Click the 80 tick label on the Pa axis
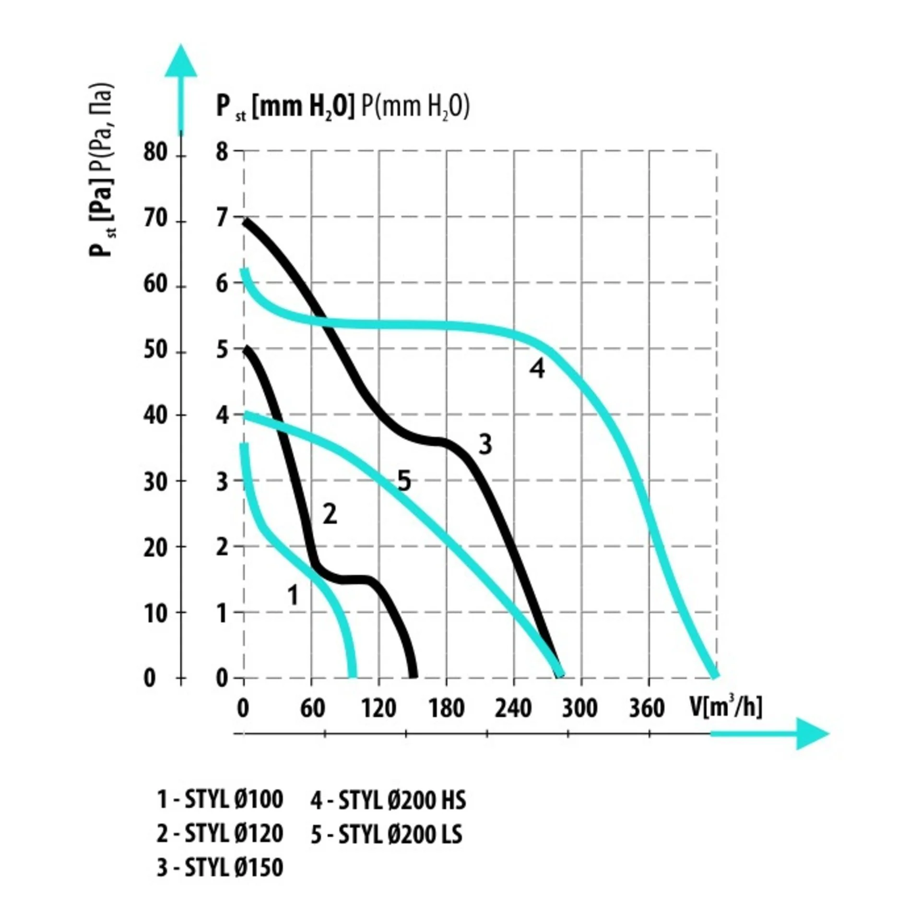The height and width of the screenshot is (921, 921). click(x=155, y=153)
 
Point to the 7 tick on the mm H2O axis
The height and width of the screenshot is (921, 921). click(x=221, y=219)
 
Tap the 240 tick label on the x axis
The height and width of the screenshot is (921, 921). click(x=513, y=708)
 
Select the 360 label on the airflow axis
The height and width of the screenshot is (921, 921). click(x=647, y=708)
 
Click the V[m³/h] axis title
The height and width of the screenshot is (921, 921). click(x=726, y=707)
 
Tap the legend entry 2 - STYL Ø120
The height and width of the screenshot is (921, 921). click(x=220, y=834)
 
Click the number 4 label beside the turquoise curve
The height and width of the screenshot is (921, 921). click(x=537, y=369)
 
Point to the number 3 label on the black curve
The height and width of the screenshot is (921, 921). click(x=485, y=444)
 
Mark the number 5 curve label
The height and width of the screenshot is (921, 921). click(x=404, y=481)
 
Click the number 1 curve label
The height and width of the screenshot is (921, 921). click(x=293, y=596)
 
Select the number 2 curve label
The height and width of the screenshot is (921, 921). click(x=330, y=515)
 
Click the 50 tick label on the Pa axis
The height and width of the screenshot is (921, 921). click(x=155, y=351)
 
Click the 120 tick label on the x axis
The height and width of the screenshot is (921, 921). click(x=378, y=708)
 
